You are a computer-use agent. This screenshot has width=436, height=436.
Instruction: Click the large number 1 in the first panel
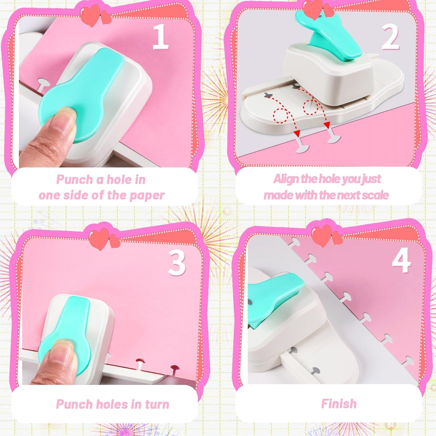pyautogui.click(x=160, y=37)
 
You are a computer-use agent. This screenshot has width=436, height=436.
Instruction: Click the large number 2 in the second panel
pyautogui.click(x=390, y=37)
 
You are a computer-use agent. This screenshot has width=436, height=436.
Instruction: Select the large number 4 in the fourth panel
pyautogui.click(x=401, y=260)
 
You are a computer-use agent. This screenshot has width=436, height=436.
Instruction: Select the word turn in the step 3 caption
pyautogui.click(x=157, y=404)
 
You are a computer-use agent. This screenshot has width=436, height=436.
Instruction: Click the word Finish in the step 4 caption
pyautogui.click(x=339, y=404)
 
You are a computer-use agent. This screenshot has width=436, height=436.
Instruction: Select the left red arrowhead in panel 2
pyautogui.click(x=297, y=133)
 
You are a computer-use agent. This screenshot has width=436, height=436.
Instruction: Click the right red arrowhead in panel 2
pyautogui.click(x=327, y=125)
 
